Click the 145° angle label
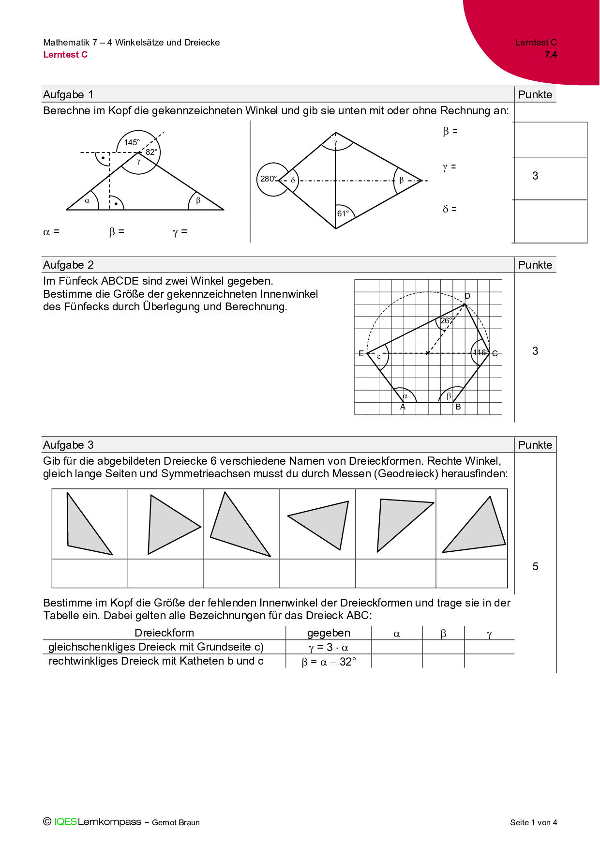point(132,142)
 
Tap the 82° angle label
point(151,152)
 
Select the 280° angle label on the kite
point(269,179)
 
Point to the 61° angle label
point(343,213)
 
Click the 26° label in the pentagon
point(446,320)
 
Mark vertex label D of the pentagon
point(467,296)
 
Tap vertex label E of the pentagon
point(361,353)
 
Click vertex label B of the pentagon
point(458,407)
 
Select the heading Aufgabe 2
point(68,265)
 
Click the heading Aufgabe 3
point(68,445)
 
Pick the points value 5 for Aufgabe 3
point(535,566)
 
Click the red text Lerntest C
point(65,55)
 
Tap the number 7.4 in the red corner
point(551,55)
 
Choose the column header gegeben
point(329,633)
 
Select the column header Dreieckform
point(164,633)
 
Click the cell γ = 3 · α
point(329,647)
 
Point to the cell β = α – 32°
point(329,662)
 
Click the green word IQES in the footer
point(65,821)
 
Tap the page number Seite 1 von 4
point(533,822)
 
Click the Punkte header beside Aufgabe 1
point(535,94)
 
